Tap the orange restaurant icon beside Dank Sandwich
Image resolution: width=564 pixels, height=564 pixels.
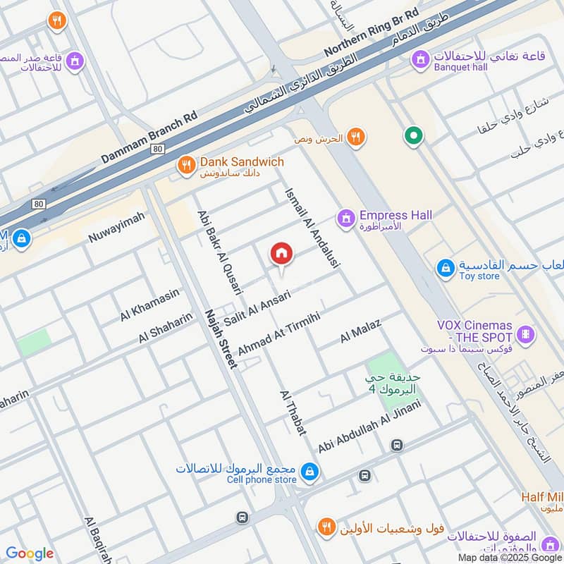186,166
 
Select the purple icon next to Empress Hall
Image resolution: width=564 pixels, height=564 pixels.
345,219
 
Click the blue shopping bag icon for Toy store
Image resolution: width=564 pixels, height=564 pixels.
446,268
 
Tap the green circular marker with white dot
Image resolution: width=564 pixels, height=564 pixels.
412,135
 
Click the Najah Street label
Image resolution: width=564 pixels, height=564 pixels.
221,338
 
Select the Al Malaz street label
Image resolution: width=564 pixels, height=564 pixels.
360,331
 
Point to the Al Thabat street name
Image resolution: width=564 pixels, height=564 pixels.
293,412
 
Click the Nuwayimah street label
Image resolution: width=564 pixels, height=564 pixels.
116,228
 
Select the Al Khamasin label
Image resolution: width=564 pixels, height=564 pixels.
149,305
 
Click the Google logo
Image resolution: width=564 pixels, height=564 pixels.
30,553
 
